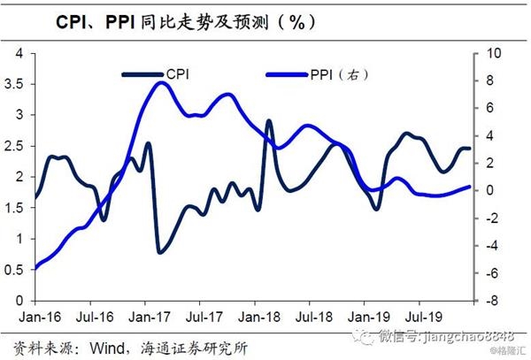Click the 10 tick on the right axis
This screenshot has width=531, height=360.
coord(487,53)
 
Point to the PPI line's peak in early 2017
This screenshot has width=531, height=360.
coord(158,83)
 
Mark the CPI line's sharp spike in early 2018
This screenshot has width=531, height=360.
coord(269,121)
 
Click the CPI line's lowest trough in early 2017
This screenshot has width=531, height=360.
coord(159,252)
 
